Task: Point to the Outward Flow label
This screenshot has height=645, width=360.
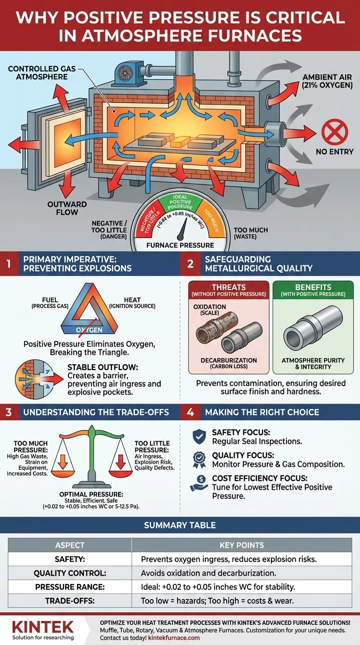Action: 67,208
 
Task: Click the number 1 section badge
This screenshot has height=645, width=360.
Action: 8,264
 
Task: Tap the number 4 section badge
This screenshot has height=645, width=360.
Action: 190,412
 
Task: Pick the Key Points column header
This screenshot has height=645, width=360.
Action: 241,545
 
